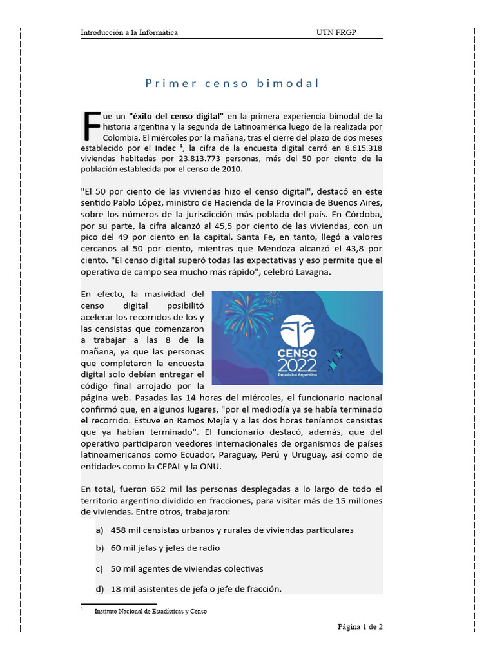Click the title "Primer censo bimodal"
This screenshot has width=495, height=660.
point(231,83)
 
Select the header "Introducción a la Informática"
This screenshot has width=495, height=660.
point(129,32)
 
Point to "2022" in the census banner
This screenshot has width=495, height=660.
point(297,365)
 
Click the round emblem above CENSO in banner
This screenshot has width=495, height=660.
point(297,329)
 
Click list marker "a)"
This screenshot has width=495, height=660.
point(99,530)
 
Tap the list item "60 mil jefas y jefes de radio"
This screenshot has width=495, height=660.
point(165,548)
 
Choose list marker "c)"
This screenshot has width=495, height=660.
point(99,569)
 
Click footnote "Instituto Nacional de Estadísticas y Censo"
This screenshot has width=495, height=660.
point(151,611)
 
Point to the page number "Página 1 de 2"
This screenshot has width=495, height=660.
point(360,626)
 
